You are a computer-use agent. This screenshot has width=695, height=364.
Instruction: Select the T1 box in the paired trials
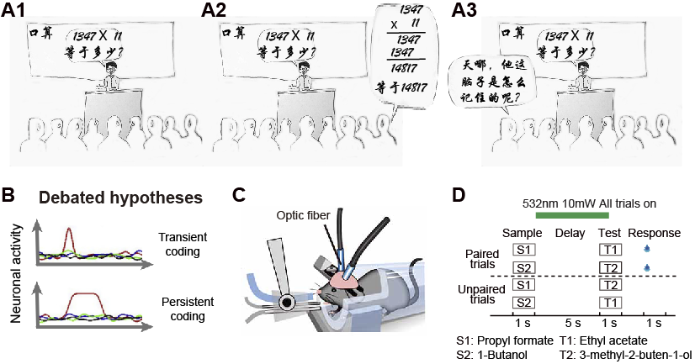[x=610, y=249]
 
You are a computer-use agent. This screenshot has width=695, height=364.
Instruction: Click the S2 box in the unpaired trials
[x=524, y=302]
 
